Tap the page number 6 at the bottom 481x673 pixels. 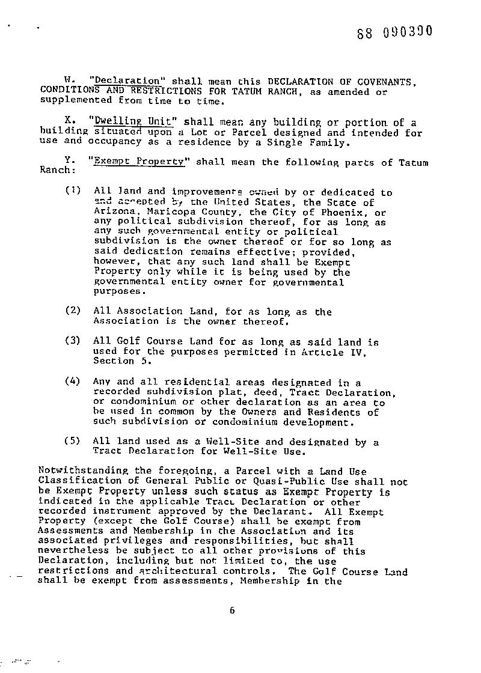[231, 611]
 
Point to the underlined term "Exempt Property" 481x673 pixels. [138, 162]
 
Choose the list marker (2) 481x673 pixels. [72, 311]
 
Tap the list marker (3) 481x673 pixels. [72, 341]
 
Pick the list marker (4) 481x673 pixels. [72, 382]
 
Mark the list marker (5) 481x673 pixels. [72, 441]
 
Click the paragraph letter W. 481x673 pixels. [69, 81]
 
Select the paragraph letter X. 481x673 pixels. [69, 122]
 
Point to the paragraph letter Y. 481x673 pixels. [69, 162]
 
